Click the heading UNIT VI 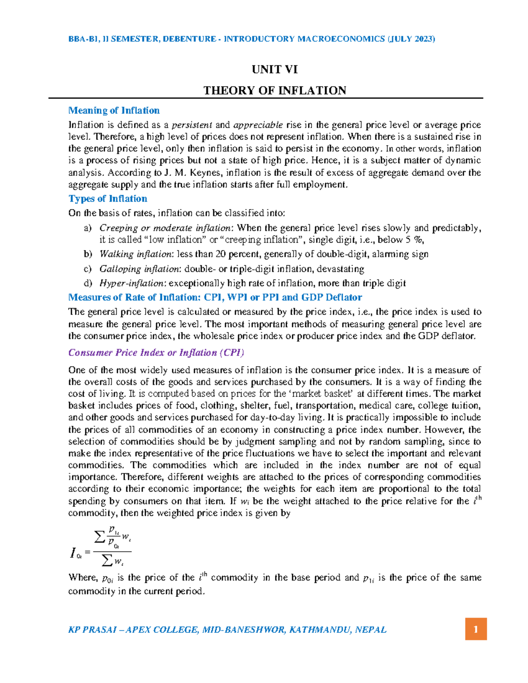[x=275, y=69]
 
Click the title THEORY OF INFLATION [x=275, y=91]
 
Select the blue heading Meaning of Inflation [x=114, y=110]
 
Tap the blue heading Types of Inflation [x=108, y=198]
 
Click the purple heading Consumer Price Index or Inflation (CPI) [x=156, y=353]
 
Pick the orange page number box [x=476, y=629]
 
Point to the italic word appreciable [x=258, y=125]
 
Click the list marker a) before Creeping [x=88, y=228]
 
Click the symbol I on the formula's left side [x=73, y=553]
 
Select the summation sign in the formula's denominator [x=106, y=561]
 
